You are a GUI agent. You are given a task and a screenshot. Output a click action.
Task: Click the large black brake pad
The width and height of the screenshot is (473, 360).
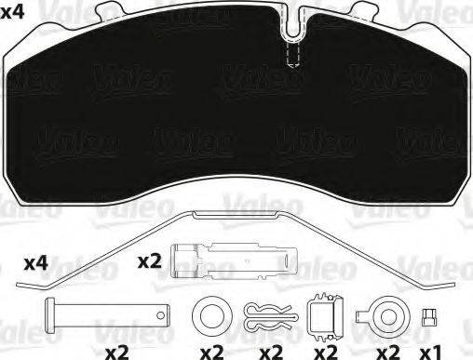coord(233,112)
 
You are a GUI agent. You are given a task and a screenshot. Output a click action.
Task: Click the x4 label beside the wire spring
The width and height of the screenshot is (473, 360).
coord(35,264)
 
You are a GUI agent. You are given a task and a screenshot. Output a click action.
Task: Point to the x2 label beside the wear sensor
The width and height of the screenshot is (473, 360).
coord(150,261)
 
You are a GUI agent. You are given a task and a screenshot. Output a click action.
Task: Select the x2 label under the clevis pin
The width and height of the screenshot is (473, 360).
coord(117,352)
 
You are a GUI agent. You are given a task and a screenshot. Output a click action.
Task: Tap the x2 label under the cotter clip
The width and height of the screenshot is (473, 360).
coord(272,352)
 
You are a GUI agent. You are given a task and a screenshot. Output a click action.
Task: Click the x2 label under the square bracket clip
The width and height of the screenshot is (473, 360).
coord(327,352)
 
